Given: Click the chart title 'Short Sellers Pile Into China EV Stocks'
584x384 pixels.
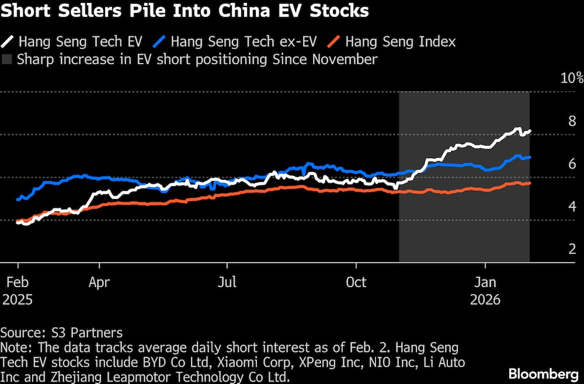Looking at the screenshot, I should pyautogui.click(x=185, y=12).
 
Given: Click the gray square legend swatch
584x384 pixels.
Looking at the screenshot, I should pyautogui.click(x=7, y=59).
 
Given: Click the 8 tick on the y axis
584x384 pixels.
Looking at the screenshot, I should pyautogui.click(x=572, y=121).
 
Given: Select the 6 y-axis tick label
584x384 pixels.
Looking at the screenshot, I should pyautogui.click(x=572, y=164).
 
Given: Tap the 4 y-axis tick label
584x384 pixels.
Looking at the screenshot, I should pyautogui.click(x=572, y=207).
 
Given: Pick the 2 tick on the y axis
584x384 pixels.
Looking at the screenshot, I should pyautogui.click(x=572, y=249).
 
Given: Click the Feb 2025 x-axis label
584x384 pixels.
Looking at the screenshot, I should pyautogui.click(x=16, y=291).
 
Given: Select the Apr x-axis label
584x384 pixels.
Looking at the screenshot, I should pyautogui.click(x=99, y=282).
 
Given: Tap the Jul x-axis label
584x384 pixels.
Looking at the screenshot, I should pyautogui.click(x=227, y=282).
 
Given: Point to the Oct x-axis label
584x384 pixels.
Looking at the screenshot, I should pyautogui.click(x=356, y=282).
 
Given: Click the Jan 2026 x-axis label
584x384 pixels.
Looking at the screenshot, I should pyautogui.click(x=485, y=291).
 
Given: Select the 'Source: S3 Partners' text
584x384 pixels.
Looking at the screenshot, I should pyautogui.click(x=61, y=333).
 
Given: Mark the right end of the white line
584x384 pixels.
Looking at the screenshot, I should pyautogui.click(x=530, y=131).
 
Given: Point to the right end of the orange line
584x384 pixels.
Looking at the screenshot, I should pyautogui.click(x=530, y=183).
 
